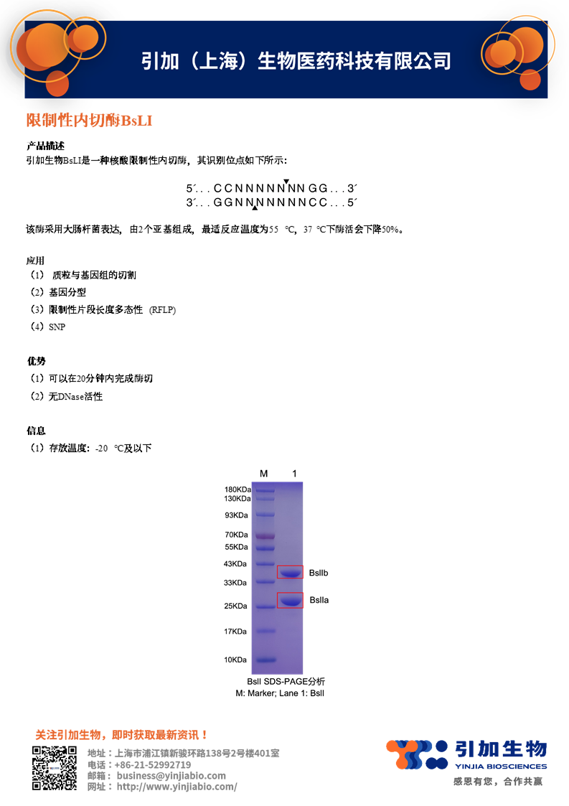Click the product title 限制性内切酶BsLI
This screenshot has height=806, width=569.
(x=89, y=121)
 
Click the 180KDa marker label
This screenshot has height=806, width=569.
(x=238, y=489)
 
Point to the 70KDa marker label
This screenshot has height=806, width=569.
(x=238, y=535)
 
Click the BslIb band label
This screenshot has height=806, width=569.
(x=319, y=573)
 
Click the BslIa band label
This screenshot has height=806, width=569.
(x=319, y=600)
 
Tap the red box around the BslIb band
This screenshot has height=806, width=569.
(x=290, y=572)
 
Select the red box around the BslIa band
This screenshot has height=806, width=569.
(x=290, y=601)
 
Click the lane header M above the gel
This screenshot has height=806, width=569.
(x=263, y=474)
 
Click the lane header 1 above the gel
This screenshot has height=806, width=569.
(x=294, y=474)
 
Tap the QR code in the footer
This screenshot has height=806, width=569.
(x=54, y=768)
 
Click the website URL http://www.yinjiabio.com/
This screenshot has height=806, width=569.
(x=177, y=787)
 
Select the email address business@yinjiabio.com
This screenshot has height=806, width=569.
(x=171, y=775)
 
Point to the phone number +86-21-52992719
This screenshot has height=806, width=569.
(x=153, y=764)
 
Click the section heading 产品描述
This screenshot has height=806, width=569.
(x=45, y=146)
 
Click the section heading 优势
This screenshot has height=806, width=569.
(x=36, y=361)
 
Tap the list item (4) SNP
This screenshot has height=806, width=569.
(x=47, y=327)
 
